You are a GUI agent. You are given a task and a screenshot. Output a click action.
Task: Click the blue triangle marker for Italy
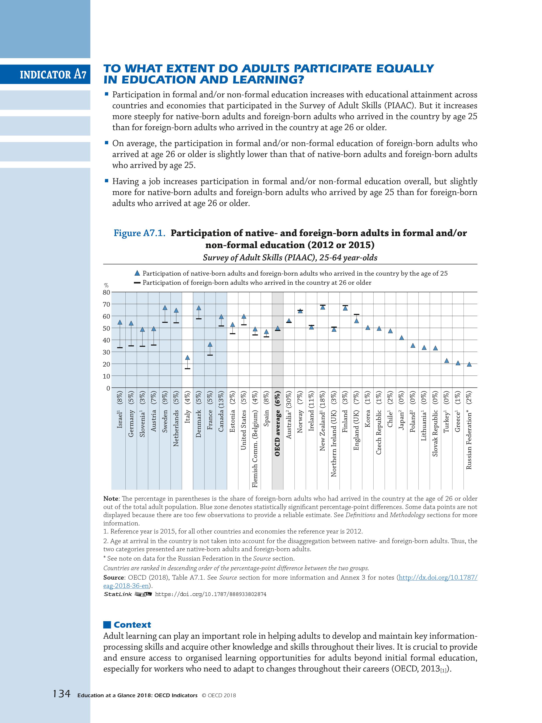click(187, 358)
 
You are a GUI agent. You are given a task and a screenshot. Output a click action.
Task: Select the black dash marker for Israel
click(120, 348)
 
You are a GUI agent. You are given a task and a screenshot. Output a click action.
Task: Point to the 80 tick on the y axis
click(107, 292)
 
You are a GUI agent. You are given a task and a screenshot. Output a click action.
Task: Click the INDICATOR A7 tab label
click(53, 75)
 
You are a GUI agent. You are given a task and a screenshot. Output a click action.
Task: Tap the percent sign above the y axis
click(106, 286)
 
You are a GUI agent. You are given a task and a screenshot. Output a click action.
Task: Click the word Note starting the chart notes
click(110, 499)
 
